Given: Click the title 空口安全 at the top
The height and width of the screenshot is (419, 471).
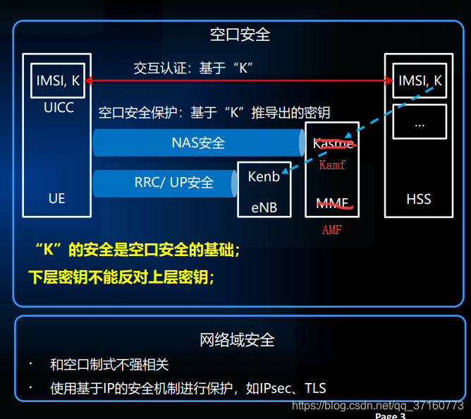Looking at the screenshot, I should (x=240, y=34).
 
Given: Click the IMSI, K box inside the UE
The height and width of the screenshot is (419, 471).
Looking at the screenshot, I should (x=57, y=81).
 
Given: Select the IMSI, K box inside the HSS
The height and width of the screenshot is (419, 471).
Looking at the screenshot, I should (x=420, y=81).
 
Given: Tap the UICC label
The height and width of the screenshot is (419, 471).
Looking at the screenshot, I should (x=58, y=108).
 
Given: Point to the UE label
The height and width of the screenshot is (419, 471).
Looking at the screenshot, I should (x=57, y=199).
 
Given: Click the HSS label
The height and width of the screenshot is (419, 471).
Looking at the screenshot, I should (x=419, y=199).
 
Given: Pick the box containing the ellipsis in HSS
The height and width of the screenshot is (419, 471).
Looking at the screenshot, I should (x=420, y=123).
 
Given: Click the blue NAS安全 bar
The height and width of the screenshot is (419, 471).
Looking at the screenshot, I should (x=198, y=142).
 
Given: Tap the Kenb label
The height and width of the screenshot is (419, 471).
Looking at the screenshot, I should (x=264, y=176).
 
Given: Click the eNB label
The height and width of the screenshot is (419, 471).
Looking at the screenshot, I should (x=264, y=207).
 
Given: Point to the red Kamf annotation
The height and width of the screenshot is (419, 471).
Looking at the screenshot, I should (x=332, y=165).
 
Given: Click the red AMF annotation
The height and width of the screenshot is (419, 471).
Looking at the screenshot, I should (x=332, y=230).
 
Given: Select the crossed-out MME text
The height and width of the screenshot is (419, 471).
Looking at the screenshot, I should (x=333, y=204).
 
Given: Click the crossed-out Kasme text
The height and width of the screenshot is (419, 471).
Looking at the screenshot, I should (x=333, y=144).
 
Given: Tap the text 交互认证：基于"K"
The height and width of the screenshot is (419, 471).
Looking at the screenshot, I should (x=193, y=68).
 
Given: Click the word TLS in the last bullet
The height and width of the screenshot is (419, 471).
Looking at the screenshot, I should (x=315, y=388).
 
